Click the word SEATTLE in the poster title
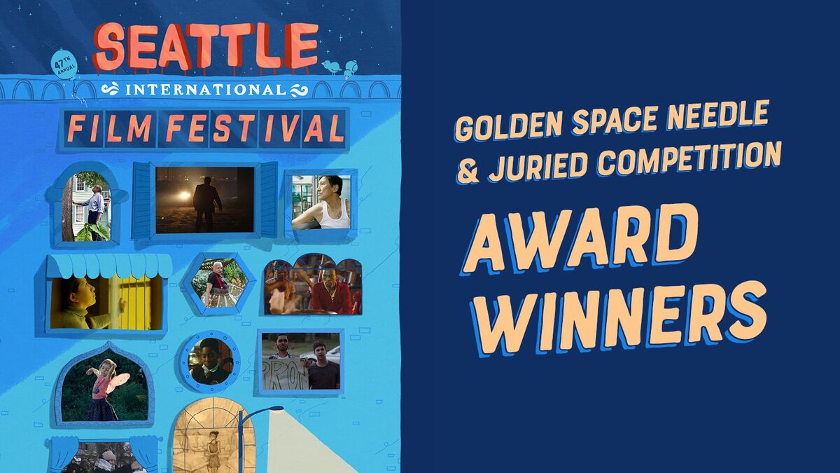coord(206,46)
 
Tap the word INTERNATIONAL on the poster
coord(205,90)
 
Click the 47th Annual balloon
coord(65,64)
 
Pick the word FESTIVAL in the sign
coord(255,129)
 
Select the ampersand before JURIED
coord(468,172)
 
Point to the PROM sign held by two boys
coord(286,373)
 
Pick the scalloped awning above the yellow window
coord(108,266)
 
